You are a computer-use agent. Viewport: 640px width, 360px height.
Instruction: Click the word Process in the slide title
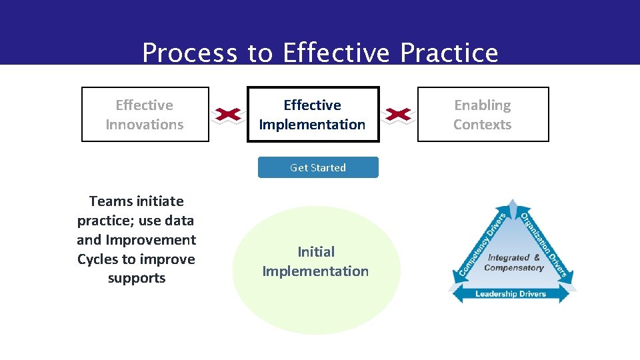click(x=189, y=53)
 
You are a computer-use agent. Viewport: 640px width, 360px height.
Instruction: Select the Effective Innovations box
click(x=145, y=115)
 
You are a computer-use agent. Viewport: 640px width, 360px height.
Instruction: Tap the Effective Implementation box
click(x=313, y=115)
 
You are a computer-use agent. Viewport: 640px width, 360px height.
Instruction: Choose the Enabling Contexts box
click(x=483, y=115)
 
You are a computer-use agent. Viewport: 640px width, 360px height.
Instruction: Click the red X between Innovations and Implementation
click(x=228, y=115)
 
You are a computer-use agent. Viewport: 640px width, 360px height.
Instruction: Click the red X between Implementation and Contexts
click(x=398, y=115)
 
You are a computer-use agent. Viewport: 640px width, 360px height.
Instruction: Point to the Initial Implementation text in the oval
click(x=315, y=261)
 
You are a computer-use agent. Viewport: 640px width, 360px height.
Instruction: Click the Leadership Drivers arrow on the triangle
click(x=510, y=293)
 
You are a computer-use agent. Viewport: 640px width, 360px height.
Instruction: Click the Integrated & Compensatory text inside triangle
click(x=513, y=262)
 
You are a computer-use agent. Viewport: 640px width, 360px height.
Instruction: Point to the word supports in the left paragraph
click(x=137, y=278)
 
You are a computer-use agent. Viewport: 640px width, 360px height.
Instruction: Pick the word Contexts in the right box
click(x=483, y=125)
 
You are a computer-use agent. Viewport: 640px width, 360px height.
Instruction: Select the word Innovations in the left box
click(x=145, y=125)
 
